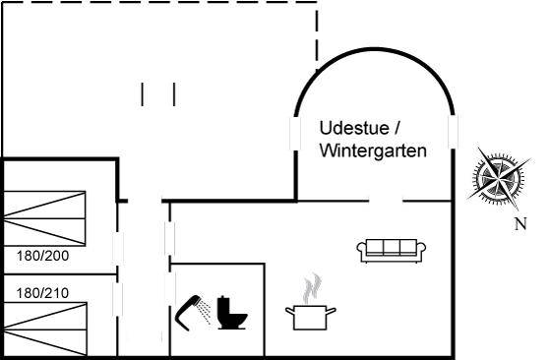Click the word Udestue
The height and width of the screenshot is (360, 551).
tap(354, 128)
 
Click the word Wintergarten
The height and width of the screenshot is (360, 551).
tap(373, 150)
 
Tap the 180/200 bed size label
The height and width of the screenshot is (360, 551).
tap(43, 256)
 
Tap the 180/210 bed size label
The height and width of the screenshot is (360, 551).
tap(43, 293)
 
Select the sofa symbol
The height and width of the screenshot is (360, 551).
tap(392, 251)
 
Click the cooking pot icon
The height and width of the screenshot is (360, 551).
tap(311, 317)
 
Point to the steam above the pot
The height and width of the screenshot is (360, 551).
tap(312, 288)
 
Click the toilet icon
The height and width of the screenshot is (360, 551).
tap(231, 313)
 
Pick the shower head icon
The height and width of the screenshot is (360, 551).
tap(193, 313)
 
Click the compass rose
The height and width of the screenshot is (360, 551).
tap(499, 178)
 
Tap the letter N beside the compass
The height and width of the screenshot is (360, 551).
tap(520, 223)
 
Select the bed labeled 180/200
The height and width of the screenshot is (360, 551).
tap(44, 218)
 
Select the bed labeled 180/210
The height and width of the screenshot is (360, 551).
tap(45, 330)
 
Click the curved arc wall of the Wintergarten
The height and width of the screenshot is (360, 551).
tap(375, 49)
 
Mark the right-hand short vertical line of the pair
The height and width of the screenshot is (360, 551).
tap(174, 94)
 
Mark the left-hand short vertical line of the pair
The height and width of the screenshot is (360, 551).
tap(143, 94)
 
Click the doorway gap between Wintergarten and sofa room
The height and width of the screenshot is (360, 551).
tap(386, 202)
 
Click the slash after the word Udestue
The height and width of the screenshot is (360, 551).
tap(398, 128)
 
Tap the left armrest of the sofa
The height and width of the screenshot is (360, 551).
tap(362, 249)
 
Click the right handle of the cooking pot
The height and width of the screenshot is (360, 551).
tap(332, 311)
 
